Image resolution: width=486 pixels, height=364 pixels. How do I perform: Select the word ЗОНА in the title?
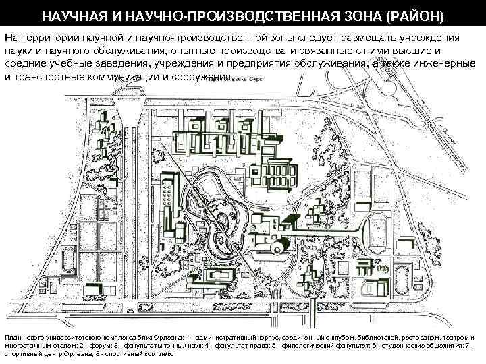(x=337, y=15)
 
